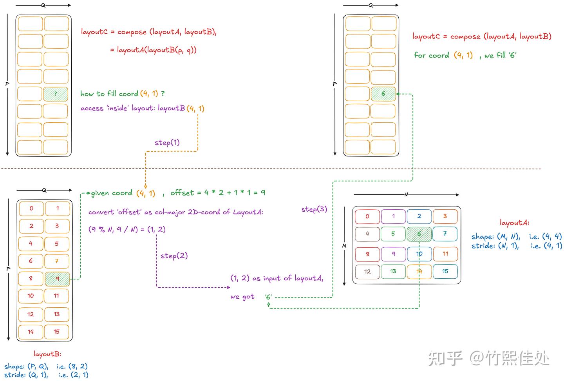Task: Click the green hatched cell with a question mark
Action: tap(56, 94)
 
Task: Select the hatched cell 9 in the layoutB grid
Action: tap(58, 279)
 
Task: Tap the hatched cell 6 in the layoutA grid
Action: tap(419, 234)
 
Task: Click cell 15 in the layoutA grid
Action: tap(445, 271)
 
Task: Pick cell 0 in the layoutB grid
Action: tap(31, 209)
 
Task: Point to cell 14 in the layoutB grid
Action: tap(31, 332)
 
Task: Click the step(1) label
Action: tap(167, 143)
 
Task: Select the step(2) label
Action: tap(174, 256)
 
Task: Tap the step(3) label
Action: tap(314, 209)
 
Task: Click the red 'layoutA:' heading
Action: tap(514, 223)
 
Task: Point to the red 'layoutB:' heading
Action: tap(47, 354)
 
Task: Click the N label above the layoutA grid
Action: tap(406, 194)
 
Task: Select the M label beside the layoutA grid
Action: tap(344, 246)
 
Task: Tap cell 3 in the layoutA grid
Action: tap(445, 216)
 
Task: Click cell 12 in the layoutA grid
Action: tap(367, 272)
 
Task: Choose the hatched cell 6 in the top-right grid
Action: tap(383, 94)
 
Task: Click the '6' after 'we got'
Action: tap(268, 297)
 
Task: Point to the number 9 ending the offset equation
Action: tap(263, 193)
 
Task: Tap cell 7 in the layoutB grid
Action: tap(57, 261)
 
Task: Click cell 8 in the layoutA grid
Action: tap(367, 254)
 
